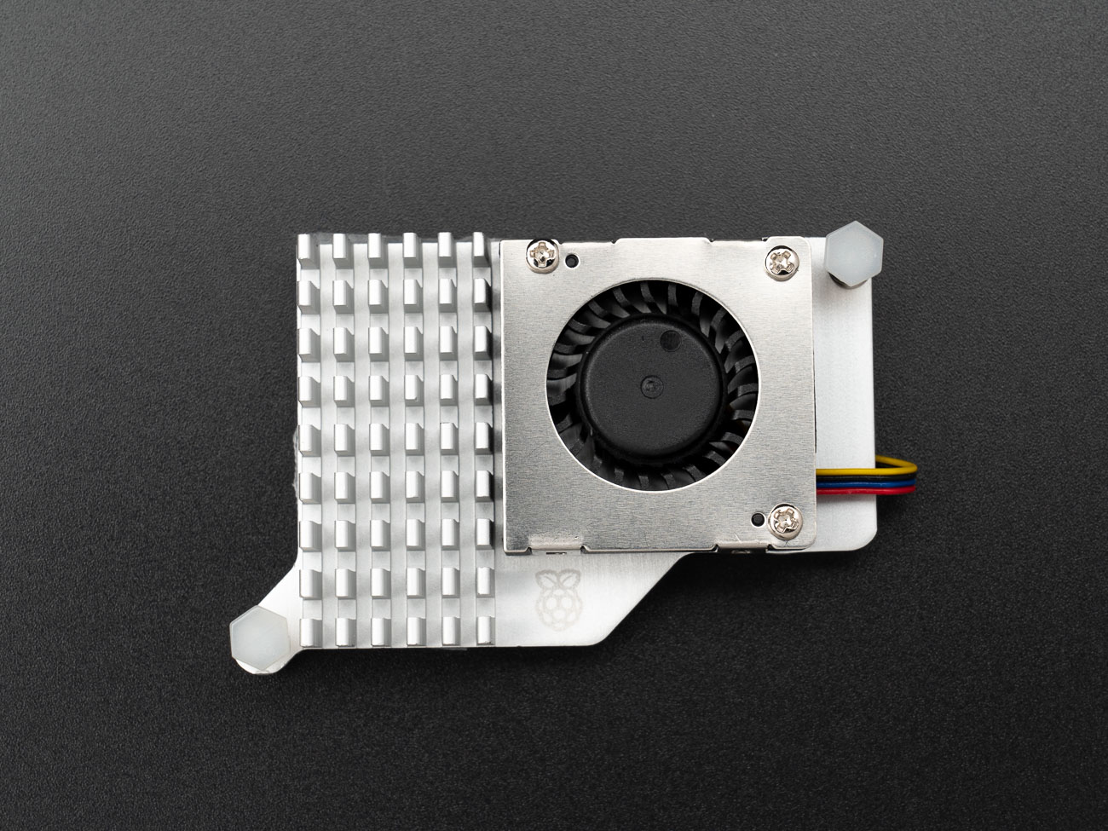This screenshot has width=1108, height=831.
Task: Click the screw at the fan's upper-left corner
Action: [x=542, y=252]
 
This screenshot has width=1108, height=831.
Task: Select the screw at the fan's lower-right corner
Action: [x=784, y=520]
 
